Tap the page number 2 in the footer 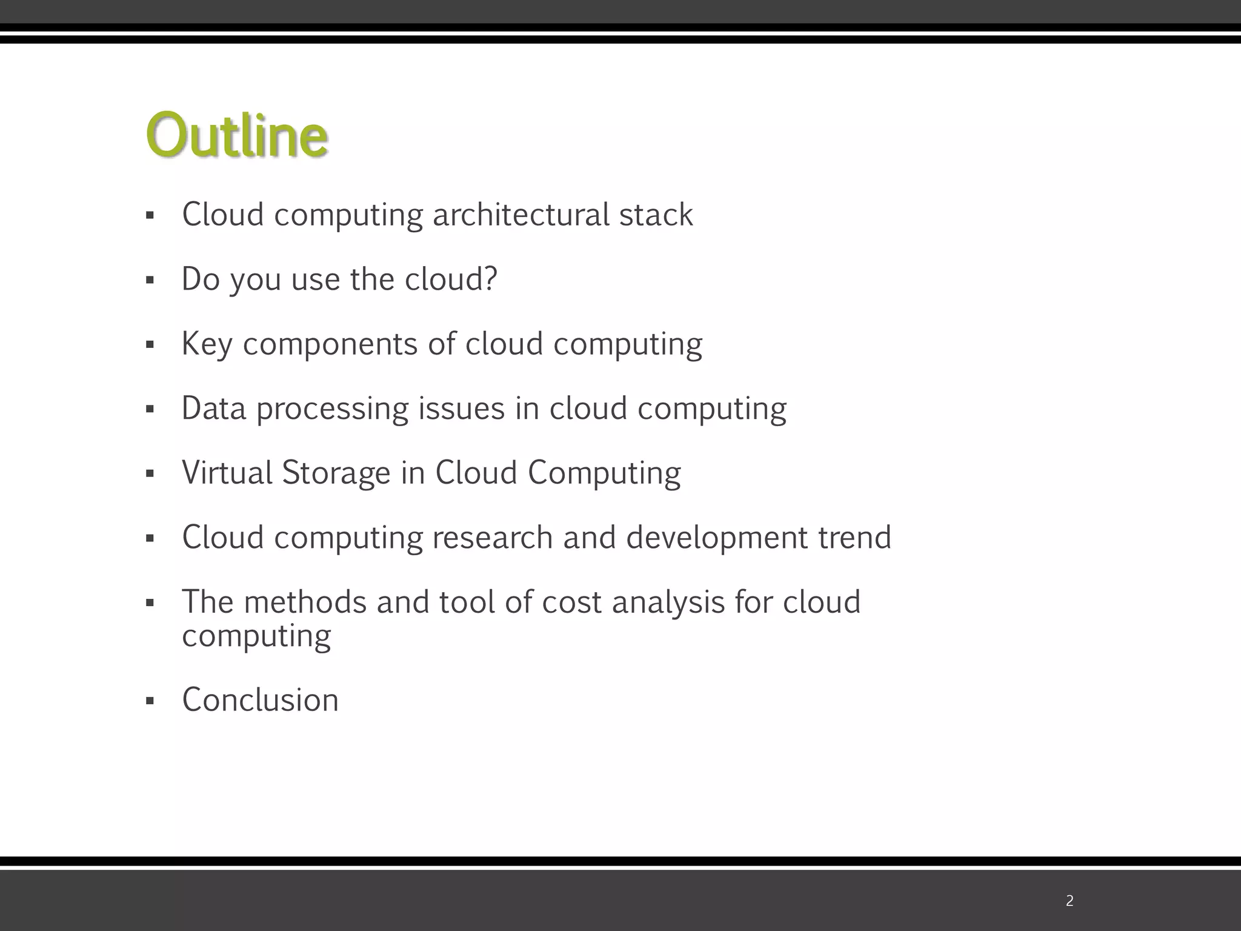(1070, 901)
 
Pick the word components (330, 344)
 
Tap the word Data (213, 408)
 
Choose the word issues (461, 408)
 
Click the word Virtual (227, 473)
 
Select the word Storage (336, 473)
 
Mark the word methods (305, 602)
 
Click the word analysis (668, 602)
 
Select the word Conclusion (260, 700)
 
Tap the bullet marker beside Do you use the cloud (150, 281)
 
